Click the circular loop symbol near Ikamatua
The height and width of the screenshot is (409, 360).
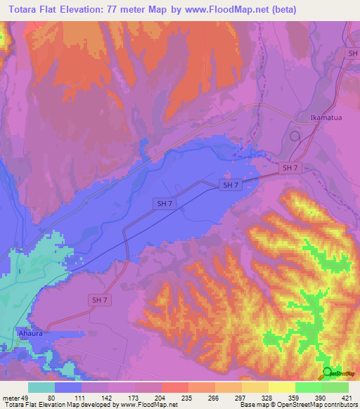point(295,136)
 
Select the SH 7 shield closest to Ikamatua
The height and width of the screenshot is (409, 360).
point(290,167)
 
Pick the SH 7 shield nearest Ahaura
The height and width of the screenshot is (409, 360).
point(100,300)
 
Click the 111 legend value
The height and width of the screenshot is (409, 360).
point(82,398)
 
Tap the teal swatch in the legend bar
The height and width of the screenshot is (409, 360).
point(41,387)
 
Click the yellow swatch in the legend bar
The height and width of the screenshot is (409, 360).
point(281,387)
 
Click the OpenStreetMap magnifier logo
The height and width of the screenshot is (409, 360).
point(328,372)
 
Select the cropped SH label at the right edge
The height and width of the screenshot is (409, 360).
point(353,53)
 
